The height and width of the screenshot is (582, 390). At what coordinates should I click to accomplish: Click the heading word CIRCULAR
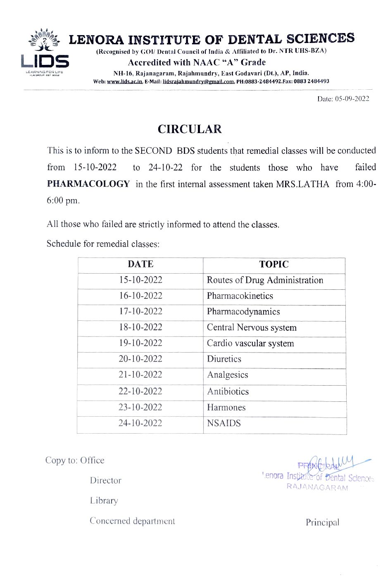(x=190, y=129)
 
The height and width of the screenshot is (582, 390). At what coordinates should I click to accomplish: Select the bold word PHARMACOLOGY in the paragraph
(x=88, y=184)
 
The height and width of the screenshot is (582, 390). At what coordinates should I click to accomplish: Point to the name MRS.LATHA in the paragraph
(x=302, y=184)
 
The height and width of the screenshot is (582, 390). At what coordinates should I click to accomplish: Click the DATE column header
(x=140, y=264)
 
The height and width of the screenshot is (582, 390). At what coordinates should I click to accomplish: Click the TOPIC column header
(x=274, y=264)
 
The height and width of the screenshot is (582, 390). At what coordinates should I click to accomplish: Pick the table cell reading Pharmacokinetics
(x=240, y=296)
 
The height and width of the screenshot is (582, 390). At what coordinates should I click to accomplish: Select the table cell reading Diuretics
(x=224, y=359)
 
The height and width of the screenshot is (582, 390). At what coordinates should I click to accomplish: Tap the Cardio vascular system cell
(x=250, y=343)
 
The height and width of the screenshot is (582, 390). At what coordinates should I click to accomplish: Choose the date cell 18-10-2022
(x=140, y=327)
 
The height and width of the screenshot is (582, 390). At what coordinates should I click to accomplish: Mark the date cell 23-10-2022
(x=140, y=407)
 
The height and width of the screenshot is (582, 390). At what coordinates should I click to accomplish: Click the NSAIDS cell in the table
(x=224, y=423)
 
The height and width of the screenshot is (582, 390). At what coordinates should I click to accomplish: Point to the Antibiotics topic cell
(x=228, y=391)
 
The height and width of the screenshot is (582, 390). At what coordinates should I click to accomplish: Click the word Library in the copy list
(x=104, y=501)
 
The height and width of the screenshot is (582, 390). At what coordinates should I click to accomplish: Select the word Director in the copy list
(x=106, y=480)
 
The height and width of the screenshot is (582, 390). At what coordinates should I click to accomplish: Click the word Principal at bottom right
(x=322, y=522)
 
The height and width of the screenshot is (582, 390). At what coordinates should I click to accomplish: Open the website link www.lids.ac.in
(x=125, y=81)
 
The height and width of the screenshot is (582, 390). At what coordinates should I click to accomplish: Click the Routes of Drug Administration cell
(x=265, y=280)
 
